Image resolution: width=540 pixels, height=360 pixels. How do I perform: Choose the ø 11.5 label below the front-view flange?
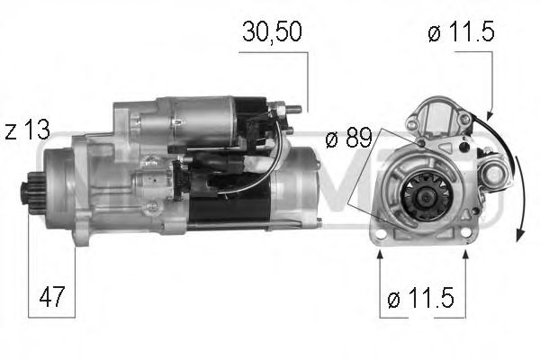pyautogui.click(x=421, y=299)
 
